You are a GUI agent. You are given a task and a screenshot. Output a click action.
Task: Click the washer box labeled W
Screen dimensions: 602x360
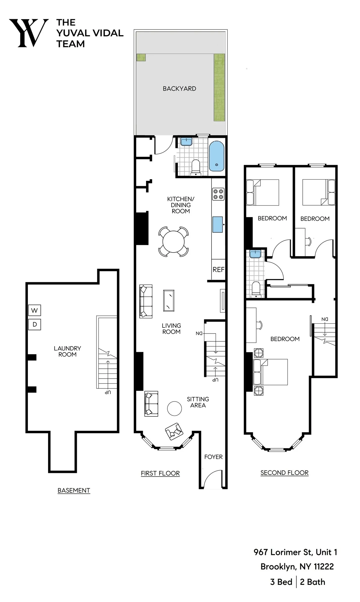point(34,310)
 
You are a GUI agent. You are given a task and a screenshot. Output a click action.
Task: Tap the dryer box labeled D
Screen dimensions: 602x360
point(34,324)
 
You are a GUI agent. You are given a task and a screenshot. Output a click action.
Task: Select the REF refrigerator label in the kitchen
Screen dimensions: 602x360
point(218,269)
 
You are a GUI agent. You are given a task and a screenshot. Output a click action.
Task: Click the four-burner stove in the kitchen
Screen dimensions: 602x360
point(218,194)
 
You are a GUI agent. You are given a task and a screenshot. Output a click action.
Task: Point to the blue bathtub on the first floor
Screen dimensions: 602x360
point(216,156)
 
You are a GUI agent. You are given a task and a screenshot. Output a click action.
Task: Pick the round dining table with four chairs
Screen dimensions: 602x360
point(173,241)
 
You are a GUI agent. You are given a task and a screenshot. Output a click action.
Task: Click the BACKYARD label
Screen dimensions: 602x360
point(179,89)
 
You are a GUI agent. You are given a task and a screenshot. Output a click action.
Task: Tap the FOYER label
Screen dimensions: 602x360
point(213,457)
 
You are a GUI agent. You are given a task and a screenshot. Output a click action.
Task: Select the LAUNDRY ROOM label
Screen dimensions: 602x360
point(67,351)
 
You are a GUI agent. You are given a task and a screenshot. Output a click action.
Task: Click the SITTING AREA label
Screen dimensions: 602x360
point(198,402)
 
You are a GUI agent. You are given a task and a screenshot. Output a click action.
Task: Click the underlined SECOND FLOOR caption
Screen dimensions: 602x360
point(284,473)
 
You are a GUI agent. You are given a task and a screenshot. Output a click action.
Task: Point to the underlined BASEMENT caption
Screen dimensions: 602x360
point(74,490)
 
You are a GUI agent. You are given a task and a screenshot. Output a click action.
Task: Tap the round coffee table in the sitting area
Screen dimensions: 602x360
point(174,408)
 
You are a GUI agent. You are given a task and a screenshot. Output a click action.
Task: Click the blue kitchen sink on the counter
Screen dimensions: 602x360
point(217,224)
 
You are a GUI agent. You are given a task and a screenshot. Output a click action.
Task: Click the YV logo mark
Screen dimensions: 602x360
point(28,33)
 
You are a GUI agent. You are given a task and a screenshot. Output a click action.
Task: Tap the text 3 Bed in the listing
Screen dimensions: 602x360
point(281,582)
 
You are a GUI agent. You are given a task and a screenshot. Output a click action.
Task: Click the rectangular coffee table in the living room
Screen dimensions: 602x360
point(169,300)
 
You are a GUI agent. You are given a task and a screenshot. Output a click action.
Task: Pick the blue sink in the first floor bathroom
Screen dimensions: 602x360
point(186,141)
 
